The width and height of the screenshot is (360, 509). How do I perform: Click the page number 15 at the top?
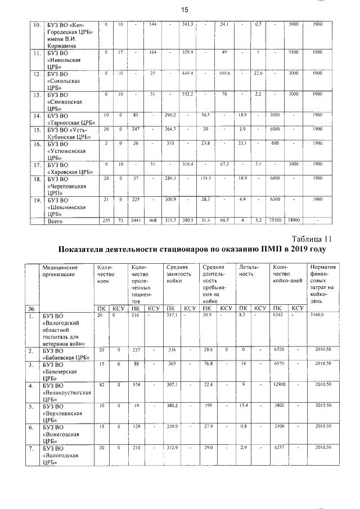point(184,9)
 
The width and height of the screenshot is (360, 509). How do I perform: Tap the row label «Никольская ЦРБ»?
point(61,59)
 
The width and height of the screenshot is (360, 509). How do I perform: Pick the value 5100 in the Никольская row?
point(293,52)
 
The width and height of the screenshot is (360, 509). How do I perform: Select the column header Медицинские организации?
point(64,271)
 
